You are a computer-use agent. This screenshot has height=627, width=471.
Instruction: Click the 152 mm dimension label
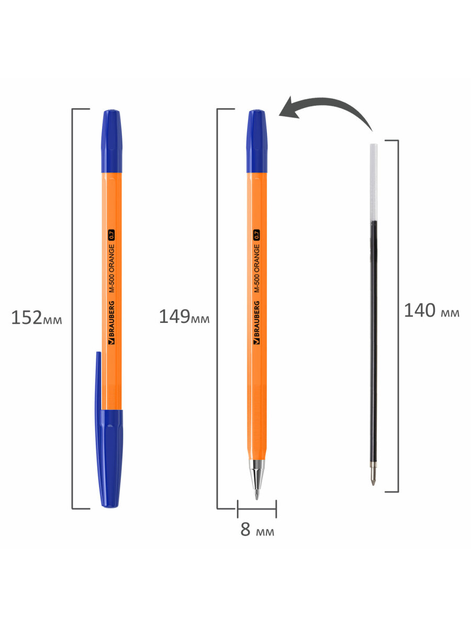36,318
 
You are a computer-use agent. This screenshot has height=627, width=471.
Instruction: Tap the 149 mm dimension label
184,317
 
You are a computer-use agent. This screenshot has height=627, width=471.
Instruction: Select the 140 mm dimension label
432,310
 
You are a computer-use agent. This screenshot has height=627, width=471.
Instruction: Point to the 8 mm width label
257,529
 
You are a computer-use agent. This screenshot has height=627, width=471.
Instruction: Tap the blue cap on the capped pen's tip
109,458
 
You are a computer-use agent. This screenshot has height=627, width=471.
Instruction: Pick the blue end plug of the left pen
111,141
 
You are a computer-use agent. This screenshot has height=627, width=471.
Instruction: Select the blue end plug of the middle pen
257,141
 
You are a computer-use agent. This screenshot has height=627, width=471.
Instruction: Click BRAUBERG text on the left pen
111,322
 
